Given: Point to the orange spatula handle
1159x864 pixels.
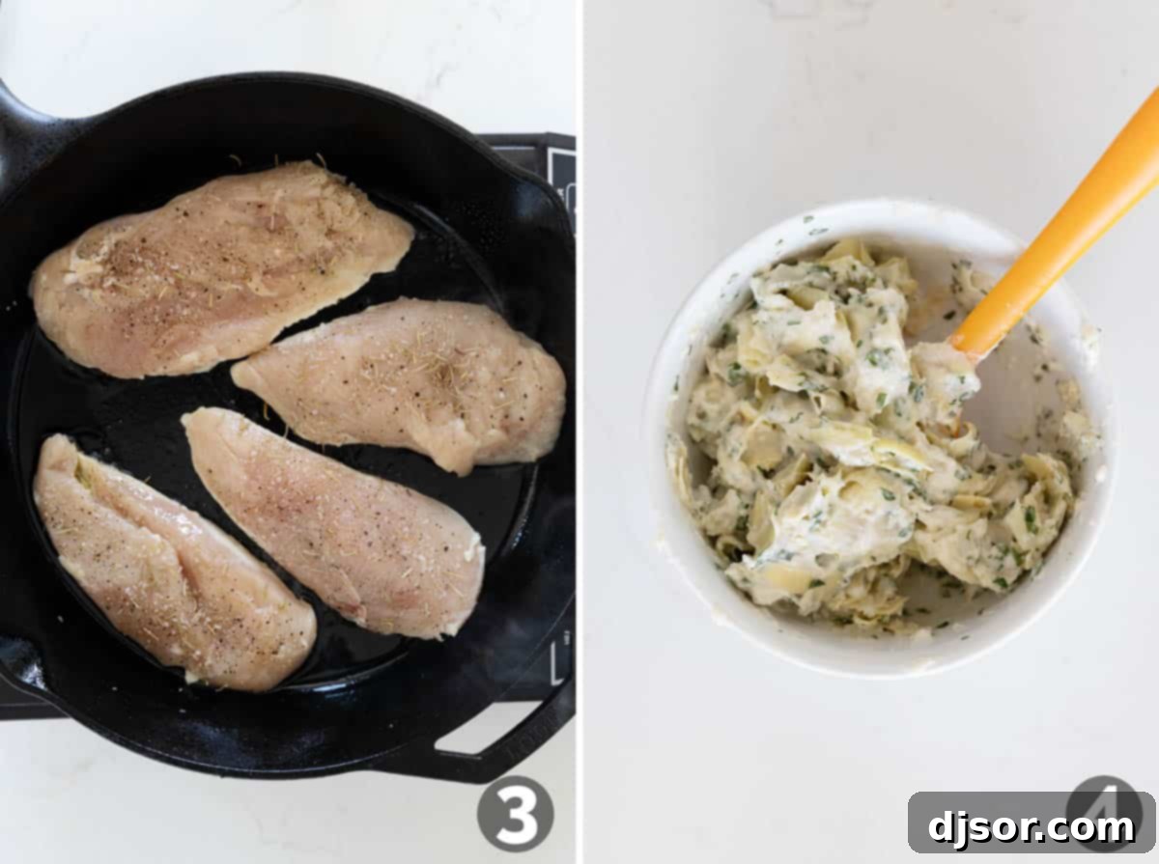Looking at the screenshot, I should click(x=1072, y=232).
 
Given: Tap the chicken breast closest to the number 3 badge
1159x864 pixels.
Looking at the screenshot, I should click(x=333, y=521).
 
